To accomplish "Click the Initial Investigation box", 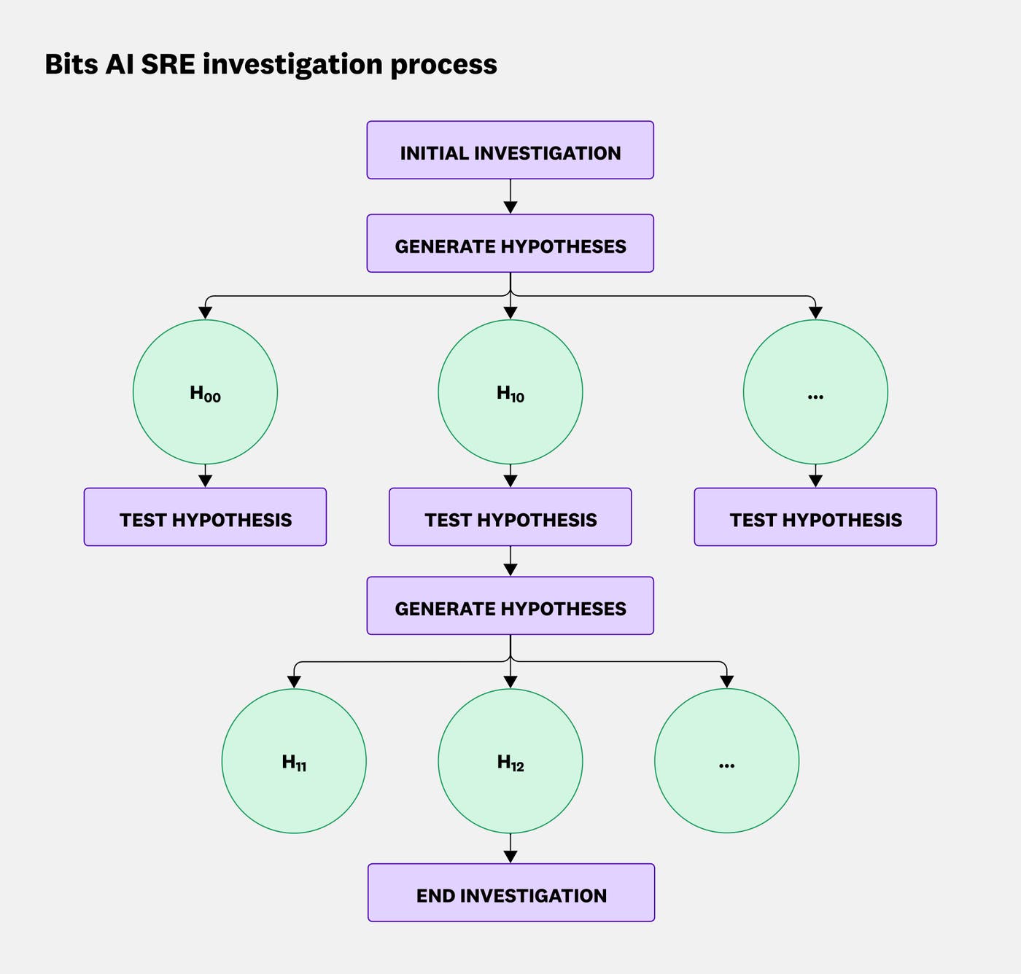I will pyautogui.click(x=510, y=150).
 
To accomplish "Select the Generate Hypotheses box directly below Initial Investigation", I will pyautogui.click(x=510, y=243).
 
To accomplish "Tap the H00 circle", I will pyautogui.click(x=205, y=392).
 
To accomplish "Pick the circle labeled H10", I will pyautogui.click(x=510, y=392).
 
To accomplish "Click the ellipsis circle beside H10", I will pyautogui.click(x=815, y=392).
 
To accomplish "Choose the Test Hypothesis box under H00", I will pyautogui.click(x=205, y=517).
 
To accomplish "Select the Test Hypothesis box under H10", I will pyautogui.click(x=510, y=517).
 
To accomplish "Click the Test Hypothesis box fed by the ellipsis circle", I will pyautogui.click(x=815, y=517).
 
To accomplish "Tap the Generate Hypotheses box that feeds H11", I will pyautogui.click(x=510, y=606).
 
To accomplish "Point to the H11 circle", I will pyautogui.click(x=294, y=761).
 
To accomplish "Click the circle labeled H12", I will pyautogui.click(x=510, y=761).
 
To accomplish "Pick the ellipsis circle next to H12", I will pyautogui.click(x=726, y=761).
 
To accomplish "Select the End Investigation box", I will pyautogui.click(x=510, y=892).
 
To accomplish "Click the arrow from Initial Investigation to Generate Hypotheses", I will pyautogui.click(x=510, y=197).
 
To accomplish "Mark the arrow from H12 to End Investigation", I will pyautogui.click(x=510, y=849).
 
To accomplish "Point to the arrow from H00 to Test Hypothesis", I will pyautogui.click(x=205, y=476).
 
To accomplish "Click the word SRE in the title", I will pyautogui.click(x=168, y=64).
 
